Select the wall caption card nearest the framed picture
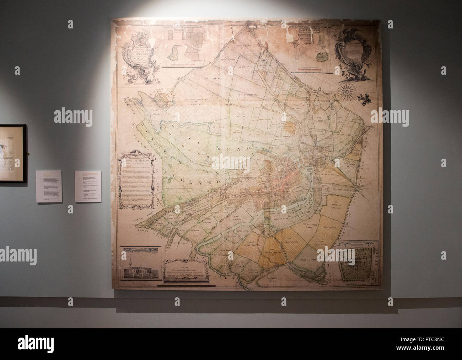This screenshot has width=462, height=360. (x=49, y=186)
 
